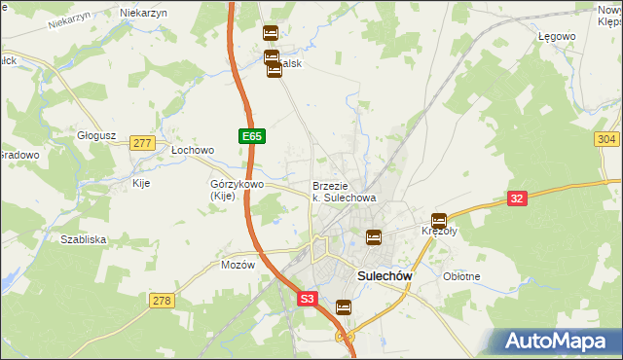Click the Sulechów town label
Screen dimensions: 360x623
[385, 275]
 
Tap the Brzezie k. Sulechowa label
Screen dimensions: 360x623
[344, 192]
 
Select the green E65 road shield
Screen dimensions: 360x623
[251, 137]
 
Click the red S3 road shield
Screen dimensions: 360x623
[308, 300]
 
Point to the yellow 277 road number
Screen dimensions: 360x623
[142, 143]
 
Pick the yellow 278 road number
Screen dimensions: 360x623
[162, 301]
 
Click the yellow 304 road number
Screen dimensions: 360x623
[605, 140]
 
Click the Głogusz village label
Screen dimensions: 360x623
[97, 136]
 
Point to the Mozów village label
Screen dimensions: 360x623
[238, 264]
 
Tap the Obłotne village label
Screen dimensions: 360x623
[461, 276]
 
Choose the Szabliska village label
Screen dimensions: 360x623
[83, 238]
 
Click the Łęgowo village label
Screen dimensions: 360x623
[557, 36]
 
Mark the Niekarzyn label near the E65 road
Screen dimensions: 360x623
[144, 13]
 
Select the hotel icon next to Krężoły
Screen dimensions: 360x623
[440, 221]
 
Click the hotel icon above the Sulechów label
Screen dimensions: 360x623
[373, 236]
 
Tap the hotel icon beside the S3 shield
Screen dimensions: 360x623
[344, 307]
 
